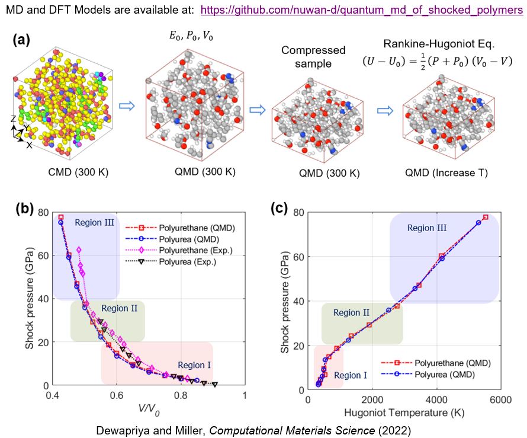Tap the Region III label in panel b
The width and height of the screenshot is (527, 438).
click(94, 223)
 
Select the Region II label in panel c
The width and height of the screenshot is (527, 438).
click(351, 312)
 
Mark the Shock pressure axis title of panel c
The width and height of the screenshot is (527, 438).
click(285, 299)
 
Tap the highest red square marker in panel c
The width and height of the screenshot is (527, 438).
click(486, 218)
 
